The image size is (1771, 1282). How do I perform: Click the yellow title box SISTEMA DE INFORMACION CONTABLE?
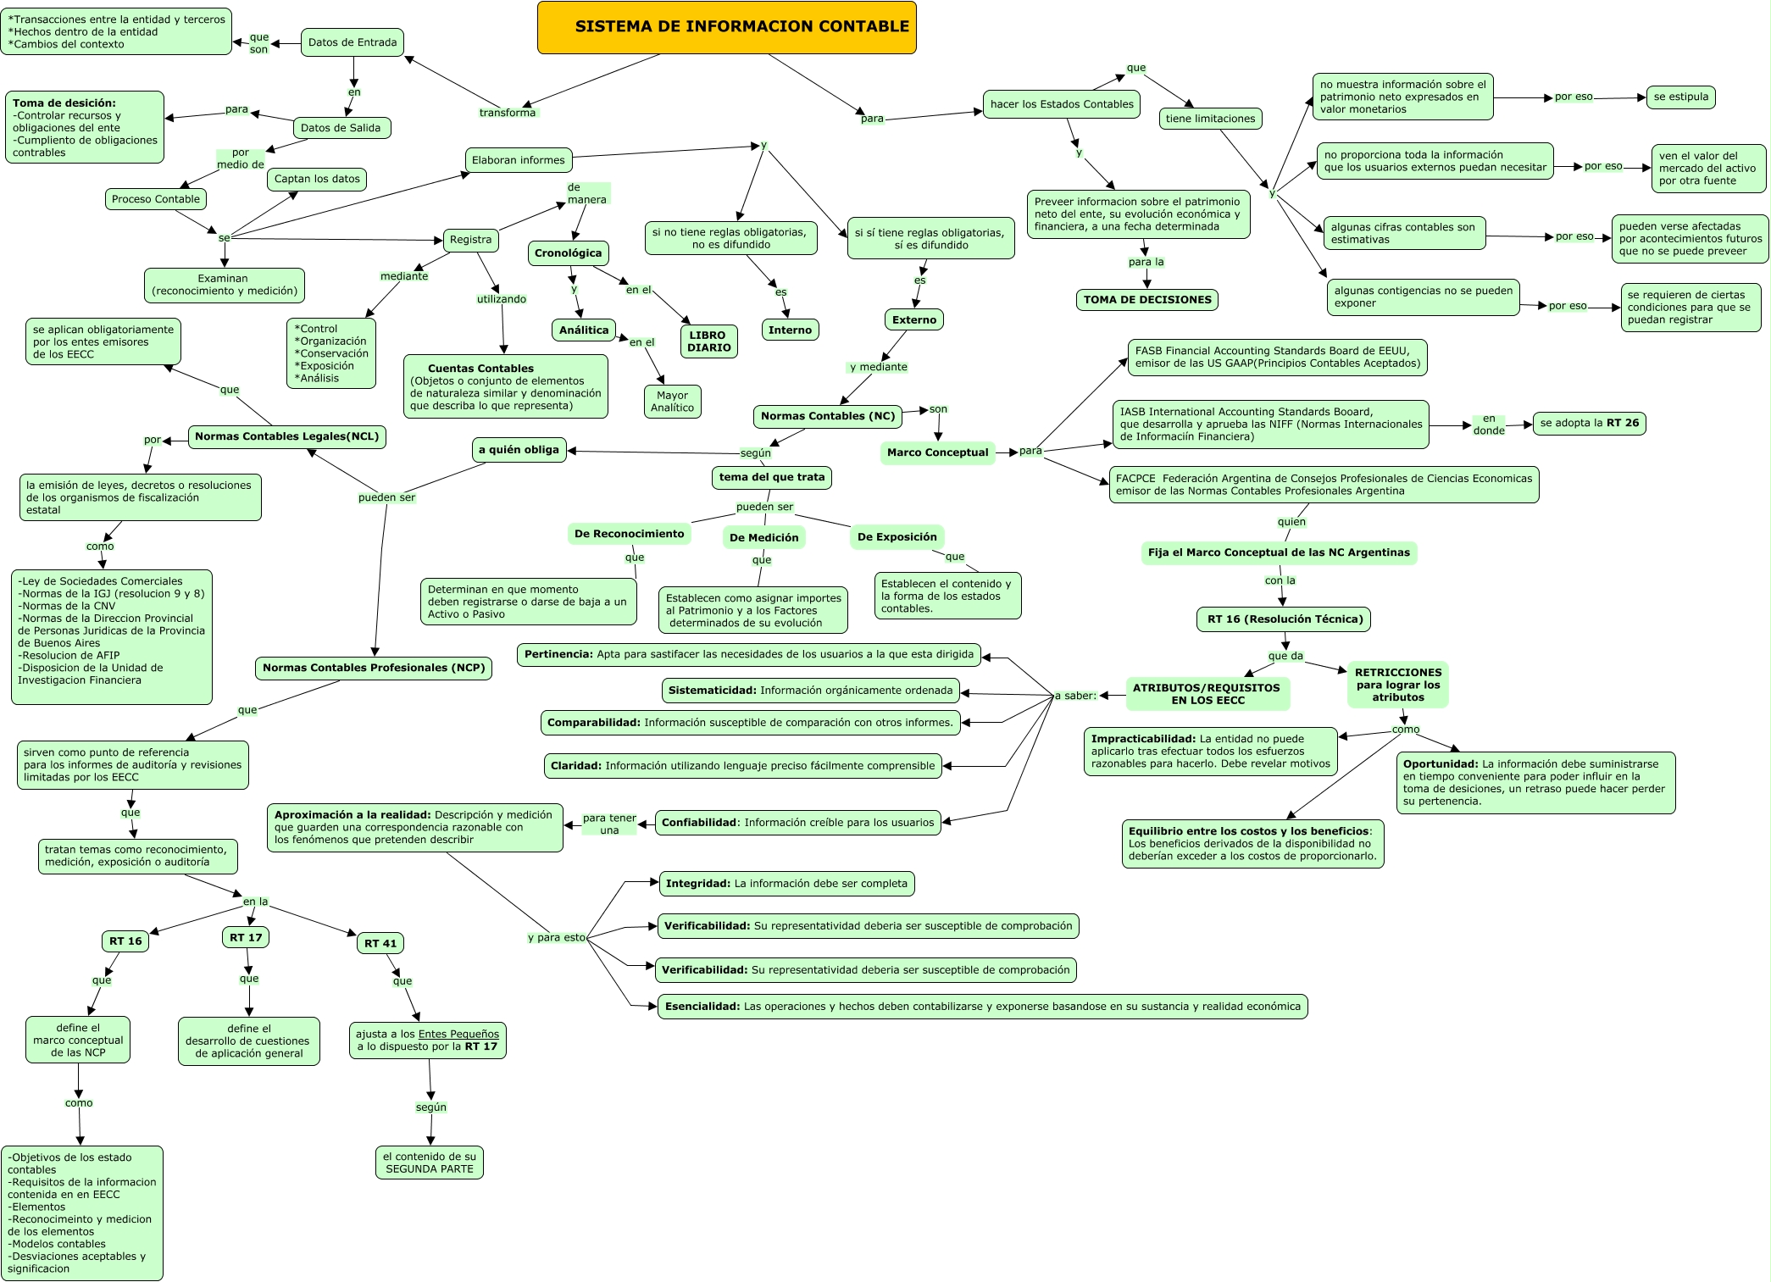click(x=726, y=27)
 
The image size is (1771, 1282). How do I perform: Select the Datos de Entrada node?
click(x=352, y=42)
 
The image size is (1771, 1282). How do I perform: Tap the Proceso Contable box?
click(x=156, y=199)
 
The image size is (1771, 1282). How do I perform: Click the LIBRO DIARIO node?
click(x=708, y=341)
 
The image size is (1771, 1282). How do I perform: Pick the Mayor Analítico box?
click(x=672, y=402)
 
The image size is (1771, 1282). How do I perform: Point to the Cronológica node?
click(x=568, y=253)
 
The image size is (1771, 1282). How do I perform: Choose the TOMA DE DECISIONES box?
click(x=1147, y=300)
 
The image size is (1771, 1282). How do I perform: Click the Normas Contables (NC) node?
click(x=827, y=416)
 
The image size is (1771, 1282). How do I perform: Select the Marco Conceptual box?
click(x=937, y=452)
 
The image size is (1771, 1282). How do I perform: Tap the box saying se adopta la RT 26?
click(x=1589, y=423)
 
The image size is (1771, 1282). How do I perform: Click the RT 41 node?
click(x=380, y=943)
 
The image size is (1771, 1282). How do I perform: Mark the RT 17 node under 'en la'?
click(x=246, y=937)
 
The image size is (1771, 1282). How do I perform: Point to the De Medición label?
click(x=763, y=537)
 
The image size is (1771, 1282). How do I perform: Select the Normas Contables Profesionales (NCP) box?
click(x=373, y=668)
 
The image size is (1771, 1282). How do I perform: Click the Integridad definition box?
click(x=786, y=884)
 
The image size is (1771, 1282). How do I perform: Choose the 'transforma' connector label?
click(x=507, y=113)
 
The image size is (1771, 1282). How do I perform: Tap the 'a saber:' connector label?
click(x=1074, y=696)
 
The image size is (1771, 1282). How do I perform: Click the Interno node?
click(x=790, y=330)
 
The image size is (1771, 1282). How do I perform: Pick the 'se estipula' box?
click(x=1680, y=97)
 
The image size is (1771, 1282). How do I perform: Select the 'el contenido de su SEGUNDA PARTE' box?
click(x=430, y=1163)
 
